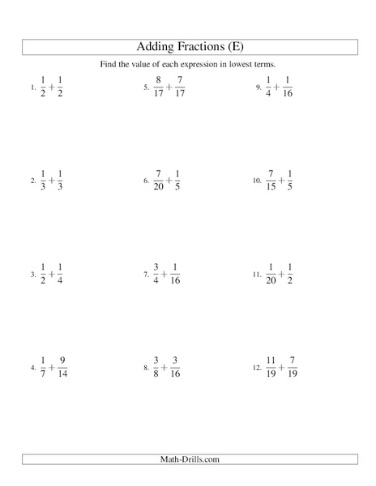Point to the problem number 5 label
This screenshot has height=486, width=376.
[x=147, y=87]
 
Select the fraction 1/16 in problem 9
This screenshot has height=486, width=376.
[x=289, y=87]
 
